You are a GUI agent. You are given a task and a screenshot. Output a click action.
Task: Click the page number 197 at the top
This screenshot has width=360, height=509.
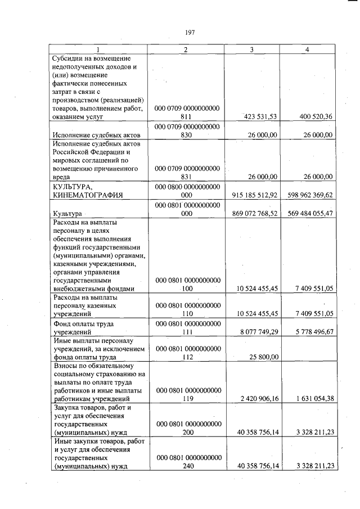(189, 32)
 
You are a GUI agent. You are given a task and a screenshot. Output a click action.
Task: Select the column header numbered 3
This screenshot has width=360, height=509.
(251, 50)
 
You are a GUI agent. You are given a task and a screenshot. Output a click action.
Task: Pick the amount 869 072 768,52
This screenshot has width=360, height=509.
(255, 214)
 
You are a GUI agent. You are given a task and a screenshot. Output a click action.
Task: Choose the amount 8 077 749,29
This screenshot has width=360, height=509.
(258, 332)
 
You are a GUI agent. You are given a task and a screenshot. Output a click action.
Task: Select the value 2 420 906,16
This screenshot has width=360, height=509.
(258, 399)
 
